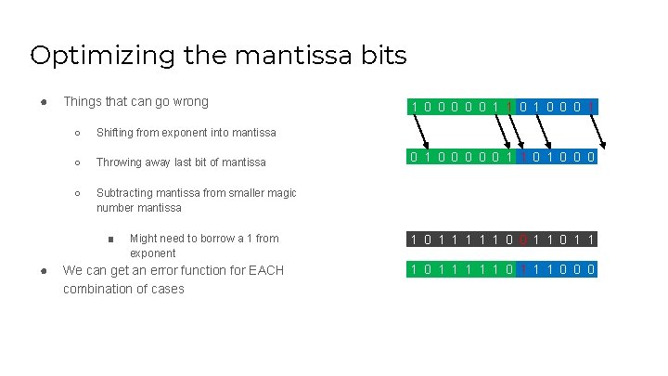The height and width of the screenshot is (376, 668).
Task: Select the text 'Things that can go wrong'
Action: [135, 101]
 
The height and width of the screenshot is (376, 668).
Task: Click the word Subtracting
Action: [126, 193]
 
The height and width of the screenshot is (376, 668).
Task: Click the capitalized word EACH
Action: [258, 270]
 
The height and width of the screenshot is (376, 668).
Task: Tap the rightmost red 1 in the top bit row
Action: [591, 107]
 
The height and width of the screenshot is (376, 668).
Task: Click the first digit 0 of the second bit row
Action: [415, 157]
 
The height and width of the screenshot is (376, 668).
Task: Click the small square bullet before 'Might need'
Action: [109, 239]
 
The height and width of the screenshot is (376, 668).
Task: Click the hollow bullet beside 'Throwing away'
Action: [78, 162]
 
